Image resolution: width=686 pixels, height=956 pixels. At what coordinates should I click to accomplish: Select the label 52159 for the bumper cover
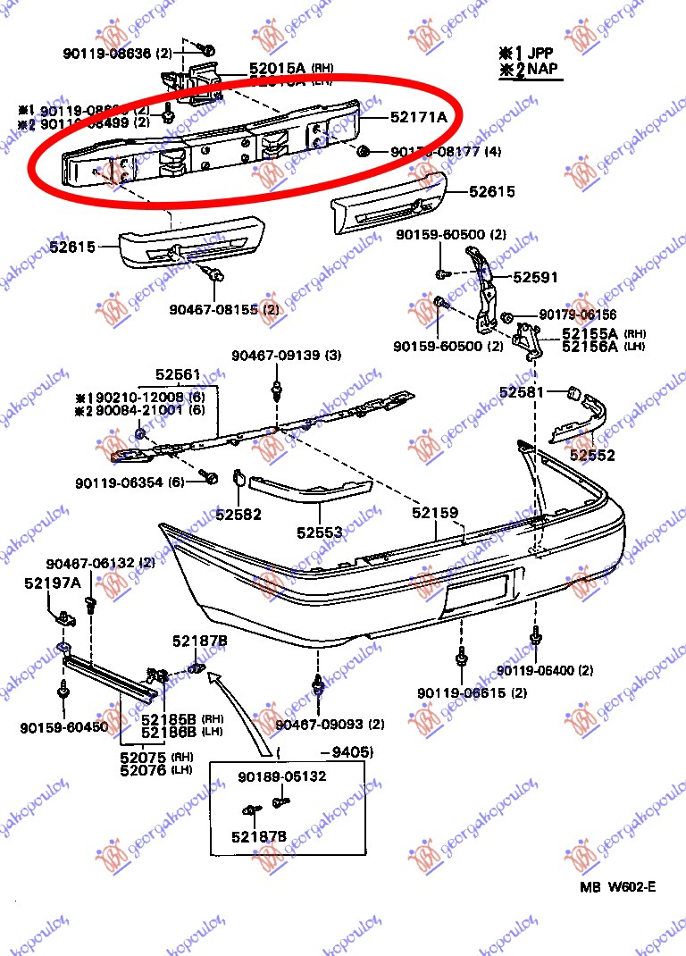(x=435, y=513)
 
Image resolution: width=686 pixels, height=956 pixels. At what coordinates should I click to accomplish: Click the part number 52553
(x=320, y=533)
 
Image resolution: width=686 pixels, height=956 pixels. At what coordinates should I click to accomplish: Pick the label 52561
(x=178, y=374)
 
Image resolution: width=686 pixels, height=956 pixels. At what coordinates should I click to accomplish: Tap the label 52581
(x=522, y=391)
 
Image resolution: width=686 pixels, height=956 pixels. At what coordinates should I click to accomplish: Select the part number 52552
(x=593, y=456)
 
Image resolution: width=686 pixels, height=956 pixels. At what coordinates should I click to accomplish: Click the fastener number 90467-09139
(x=286, y=356)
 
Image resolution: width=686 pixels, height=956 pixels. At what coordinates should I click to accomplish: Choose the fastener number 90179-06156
(x=577, y=315)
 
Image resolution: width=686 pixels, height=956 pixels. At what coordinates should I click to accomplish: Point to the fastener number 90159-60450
(x=63, y=727)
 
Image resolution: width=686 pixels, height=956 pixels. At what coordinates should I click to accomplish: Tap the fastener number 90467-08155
(x=212, y=310)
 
